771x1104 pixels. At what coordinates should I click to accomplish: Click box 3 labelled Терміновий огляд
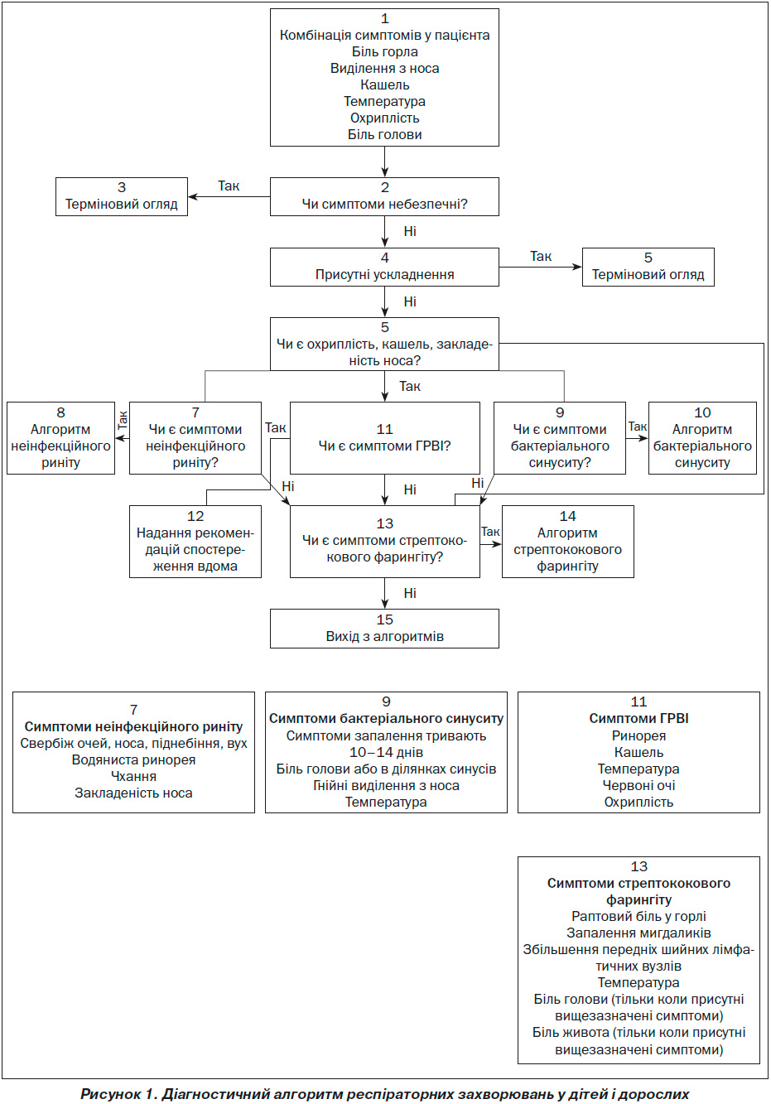pos(121,196)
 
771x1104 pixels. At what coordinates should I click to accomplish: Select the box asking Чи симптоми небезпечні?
pos(384,196)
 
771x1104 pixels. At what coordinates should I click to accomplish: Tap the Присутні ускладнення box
pos(384,268)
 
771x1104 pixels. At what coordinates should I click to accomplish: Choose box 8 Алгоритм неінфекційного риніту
pos(60,438)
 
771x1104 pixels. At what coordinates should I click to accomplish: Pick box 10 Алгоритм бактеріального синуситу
pos(702,438)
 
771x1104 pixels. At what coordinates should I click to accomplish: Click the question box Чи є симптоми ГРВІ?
pos(384,438)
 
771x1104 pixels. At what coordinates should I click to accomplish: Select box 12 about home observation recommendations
pos(195,542)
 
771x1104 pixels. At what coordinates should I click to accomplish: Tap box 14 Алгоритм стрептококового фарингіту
pos(568,542)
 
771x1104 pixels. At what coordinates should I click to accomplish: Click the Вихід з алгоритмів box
pos(384,629)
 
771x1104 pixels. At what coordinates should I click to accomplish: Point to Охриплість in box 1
pos(384,118)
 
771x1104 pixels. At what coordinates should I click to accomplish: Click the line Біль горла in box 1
pos(384,51)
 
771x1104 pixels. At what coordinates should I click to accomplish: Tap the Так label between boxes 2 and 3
pos(229,186)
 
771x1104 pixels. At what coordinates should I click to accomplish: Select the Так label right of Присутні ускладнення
pos(541,256)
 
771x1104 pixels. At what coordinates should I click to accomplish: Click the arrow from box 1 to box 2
pos(384,162)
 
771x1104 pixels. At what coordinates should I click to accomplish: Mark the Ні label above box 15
pos(410,593)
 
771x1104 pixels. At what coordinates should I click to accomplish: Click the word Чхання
pos(133,776)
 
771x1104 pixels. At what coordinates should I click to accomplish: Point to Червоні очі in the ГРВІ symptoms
pos(638,785)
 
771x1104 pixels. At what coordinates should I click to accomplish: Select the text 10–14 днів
pos(386,752)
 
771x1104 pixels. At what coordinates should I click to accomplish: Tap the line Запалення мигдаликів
pos(638,933)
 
